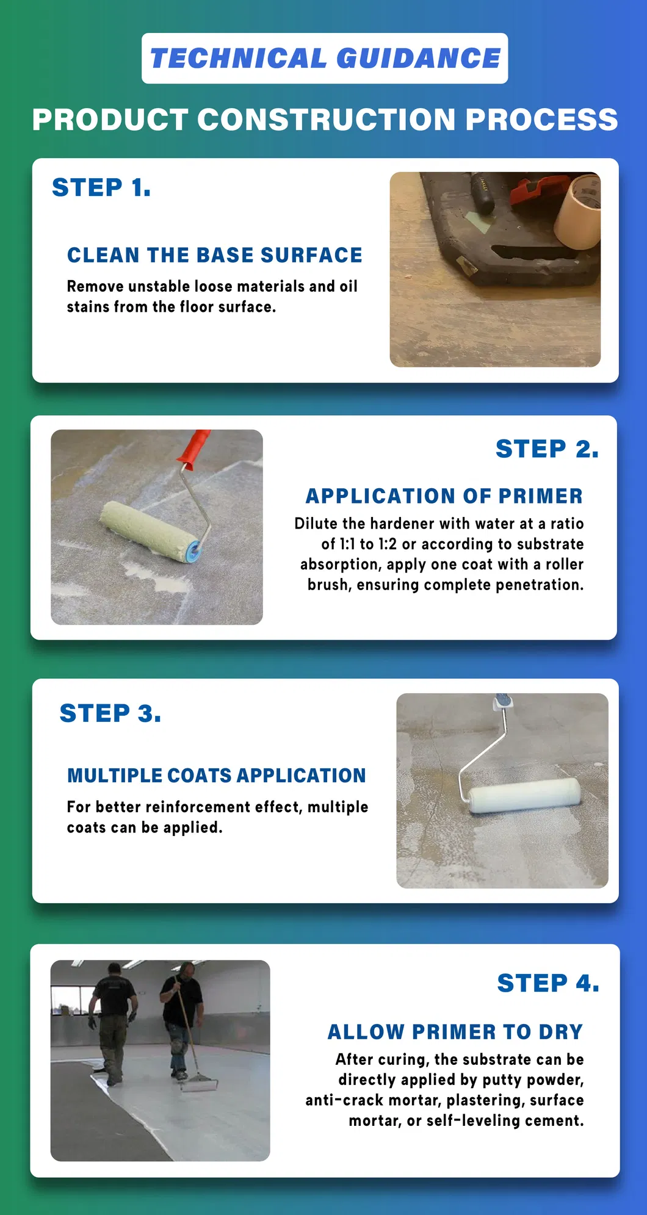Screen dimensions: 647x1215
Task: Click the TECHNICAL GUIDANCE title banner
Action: click(x=325, y=59)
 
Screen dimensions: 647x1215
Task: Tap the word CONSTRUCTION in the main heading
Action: click(x=327, y=120)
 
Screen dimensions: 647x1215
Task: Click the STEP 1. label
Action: click(x=101, y=187)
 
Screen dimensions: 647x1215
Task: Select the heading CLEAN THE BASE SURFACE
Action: click(x=215, y=255)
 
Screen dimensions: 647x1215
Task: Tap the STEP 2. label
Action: click(x=547, y=449)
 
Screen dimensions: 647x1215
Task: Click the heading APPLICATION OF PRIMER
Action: click(x=444, y=496)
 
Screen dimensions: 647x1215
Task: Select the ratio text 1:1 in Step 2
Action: click(x=347, y=544)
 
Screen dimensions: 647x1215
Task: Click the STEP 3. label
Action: click(x=110, y=713)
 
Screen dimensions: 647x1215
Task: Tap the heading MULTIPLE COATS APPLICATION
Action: click(x=217, y=776)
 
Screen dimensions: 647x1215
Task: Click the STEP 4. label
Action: click(x=548, y=984)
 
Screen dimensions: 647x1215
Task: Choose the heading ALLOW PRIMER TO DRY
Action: click(x=455, y=1032)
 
